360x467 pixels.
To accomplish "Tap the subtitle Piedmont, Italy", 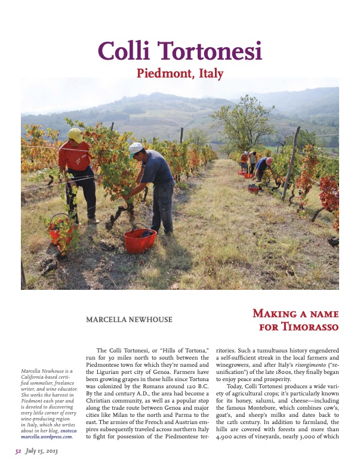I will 180,74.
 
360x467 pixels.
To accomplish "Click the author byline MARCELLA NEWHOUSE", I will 129,320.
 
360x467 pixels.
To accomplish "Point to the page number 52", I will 18,450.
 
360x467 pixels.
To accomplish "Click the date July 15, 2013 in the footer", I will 41,450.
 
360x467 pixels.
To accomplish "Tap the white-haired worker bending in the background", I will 263,169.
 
